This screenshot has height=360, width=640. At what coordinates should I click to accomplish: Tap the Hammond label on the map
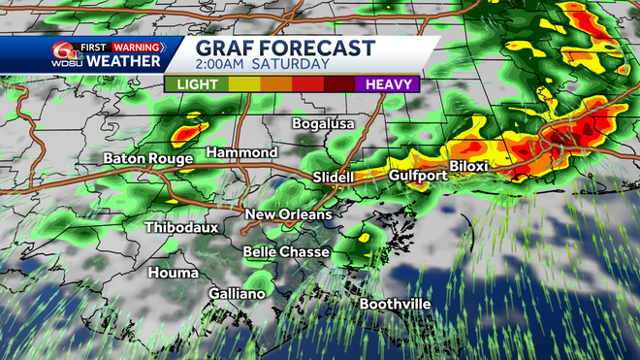[x=242, y=153]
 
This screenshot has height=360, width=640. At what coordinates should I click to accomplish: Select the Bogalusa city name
[x=324, y=124]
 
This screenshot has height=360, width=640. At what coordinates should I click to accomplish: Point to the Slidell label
[x=334, y=178]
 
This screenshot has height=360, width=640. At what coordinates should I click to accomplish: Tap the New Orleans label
[x=288, y=214]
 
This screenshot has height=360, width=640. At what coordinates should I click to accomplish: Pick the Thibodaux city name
[x=181, y=228]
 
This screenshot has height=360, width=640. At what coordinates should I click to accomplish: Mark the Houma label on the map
[x=173, y=273]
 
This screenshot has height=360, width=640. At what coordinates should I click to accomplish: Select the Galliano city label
[x=236, y=293]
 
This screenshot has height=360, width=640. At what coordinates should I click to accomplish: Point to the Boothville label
[x=395, y=304]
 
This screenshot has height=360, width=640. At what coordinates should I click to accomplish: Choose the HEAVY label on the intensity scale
[x=386, y=84]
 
